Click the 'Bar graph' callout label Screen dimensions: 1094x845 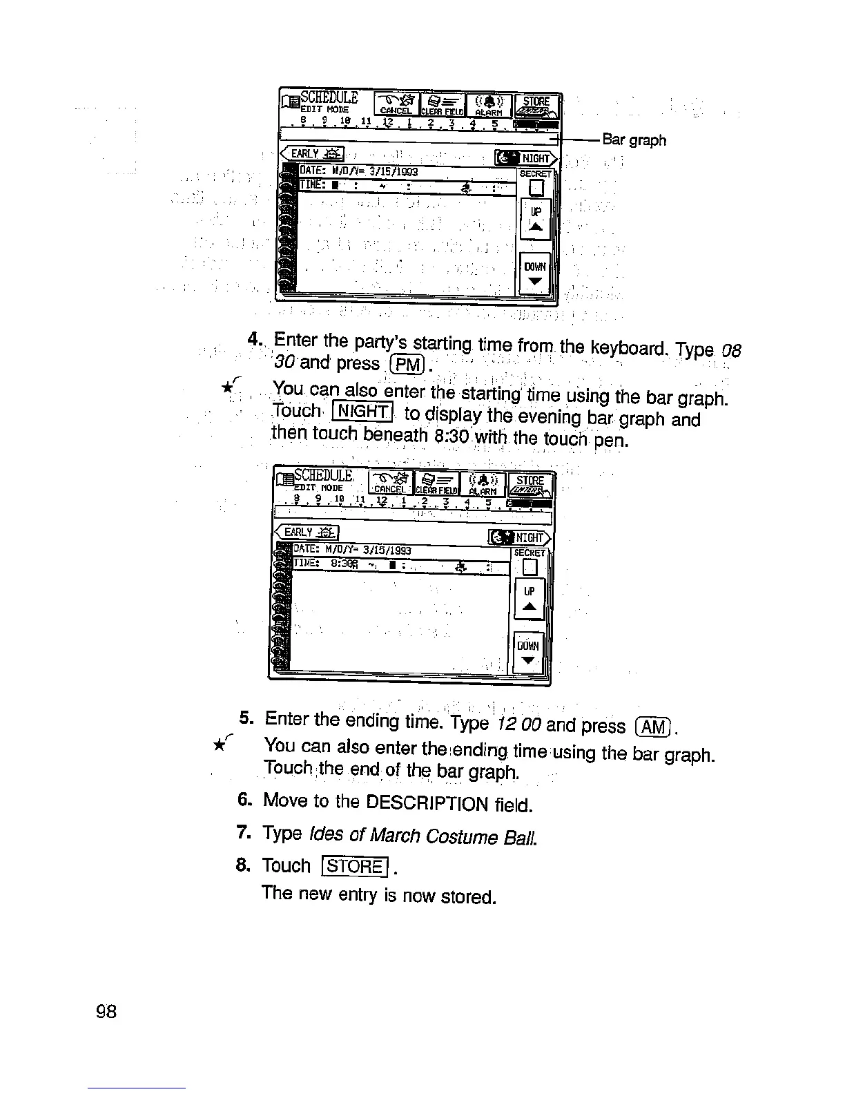coord(634,140)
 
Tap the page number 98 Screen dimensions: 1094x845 coord(107,1012)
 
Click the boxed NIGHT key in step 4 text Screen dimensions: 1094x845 coord(362,412)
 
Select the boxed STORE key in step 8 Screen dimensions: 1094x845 coord(356,866)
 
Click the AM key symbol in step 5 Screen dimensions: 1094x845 coord(653,727)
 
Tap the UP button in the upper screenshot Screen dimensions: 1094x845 coord(536,219)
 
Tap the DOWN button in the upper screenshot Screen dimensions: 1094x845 coord(535,273)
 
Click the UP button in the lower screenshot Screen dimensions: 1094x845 coord(530,599)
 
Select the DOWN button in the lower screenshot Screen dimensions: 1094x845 coord(529,653)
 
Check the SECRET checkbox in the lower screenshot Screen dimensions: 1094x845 coord(530,567)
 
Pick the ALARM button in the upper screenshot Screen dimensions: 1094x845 coord(488,105)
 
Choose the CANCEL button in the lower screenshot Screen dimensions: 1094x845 coord(390,482)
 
